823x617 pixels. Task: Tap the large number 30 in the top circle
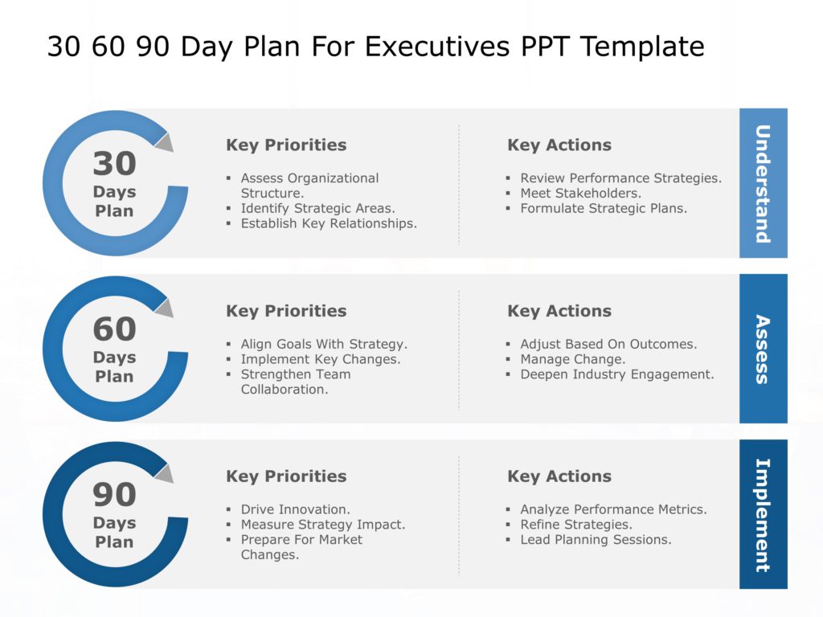114,164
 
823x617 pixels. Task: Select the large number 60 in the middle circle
114,329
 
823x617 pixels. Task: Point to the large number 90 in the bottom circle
114,495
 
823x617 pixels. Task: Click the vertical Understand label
763,183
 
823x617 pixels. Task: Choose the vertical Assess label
763,349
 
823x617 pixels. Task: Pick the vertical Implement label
763,514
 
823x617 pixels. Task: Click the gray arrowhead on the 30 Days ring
165,142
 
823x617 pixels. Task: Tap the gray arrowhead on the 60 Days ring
165,308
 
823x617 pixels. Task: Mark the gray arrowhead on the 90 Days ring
165,473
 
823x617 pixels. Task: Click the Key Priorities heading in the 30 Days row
286,145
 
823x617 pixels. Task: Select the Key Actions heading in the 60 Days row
559,311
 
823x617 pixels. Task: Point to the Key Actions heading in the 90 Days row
559,476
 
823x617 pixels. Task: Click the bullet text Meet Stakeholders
580,194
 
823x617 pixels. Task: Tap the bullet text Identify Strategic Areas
317,209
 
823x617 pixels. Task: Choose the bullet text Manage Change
572,359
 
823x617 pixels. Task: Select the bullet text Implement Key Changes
320,359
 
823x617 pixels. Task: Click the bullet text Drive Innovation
295,509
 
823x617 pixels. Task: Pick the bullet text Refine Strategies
575,525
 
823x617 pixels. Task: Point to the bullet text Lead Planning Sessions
596,540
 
